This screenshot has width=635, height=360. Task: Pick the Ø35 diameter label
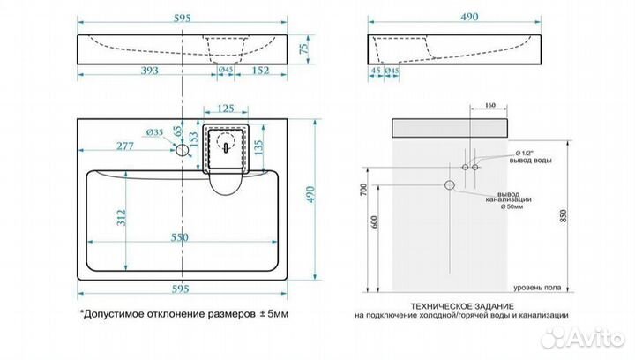coord(154,132)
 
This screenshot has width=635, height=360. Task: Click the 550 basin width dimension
coord(181,240)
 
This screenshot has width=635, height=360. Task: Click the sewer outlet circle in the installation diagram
coord(449,184)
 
